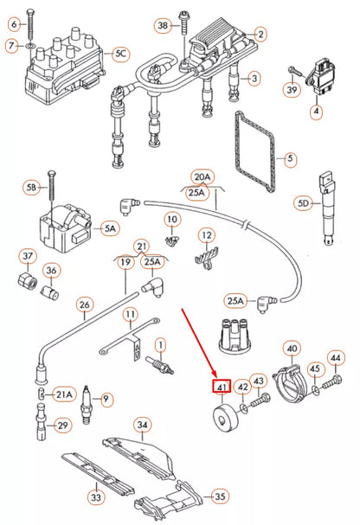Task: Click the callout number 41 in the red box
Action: [x=222, y=387]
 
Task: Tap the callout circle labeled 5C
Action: [x=121, y=54]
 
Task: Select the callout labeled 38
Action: [x=163, y=27]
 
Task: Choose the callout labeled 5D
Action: [x=303, y=203]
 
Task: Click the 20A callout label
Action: [x=201, y=176]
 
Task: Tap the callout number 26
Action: [x=84, y=304]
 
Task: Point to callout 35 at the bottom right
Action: [x=220, y=496]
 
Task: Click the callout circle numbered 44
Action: [x=336, y=357]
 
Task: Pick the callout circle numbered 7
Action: [x=11, y=45]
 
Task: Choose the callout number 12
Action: [x=206, y=235]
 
